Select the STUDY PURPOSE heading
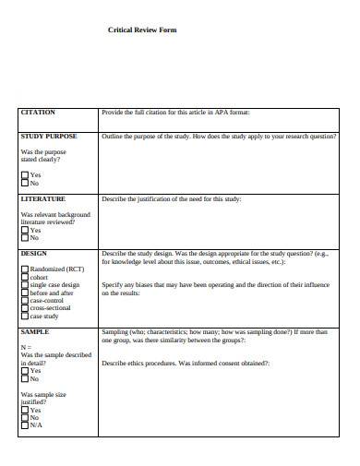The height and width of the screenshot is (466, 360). [48, 136]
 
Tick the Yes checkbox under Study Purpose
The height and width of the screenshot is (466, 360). [24, 174]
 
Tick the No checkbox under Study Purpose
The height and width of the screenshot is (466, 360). [24, 183]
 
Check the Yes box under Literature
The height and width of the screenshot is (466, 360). [24, 230]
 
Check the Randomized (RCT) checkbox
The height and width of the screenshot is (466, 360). [24, 269]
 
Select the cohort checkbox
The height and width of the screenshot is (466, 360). [24, 278]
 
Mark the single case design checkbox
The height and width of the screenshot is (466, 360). [24, 285]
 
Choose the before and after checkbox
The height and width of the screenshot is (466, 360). [24, 293]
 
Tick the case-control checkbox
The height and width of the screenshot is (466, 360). [24, 301]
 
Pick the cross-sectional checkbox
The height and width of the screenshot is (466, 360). [24, 309]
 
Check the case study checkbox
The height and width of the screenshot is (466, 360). [24, 317]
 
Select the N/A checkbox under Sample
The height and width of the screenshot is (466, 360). [24, 425]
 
